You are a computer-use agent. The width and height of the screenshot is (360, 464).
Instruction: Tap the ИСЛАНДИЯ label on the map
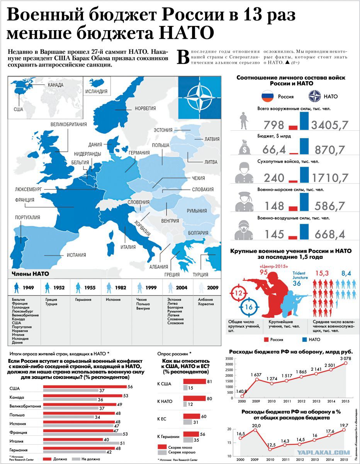(x=97, y=91)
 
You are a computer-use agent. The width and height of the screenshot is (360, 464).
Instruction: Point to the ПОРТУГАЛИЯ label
(x=27, y=218)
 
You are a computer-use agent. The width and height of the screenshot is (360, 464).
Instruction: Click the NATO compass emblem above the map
(x=200, y=97)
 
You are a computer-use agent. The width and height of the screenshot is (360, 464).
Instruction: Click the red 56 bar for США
(x=85, y=387)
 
